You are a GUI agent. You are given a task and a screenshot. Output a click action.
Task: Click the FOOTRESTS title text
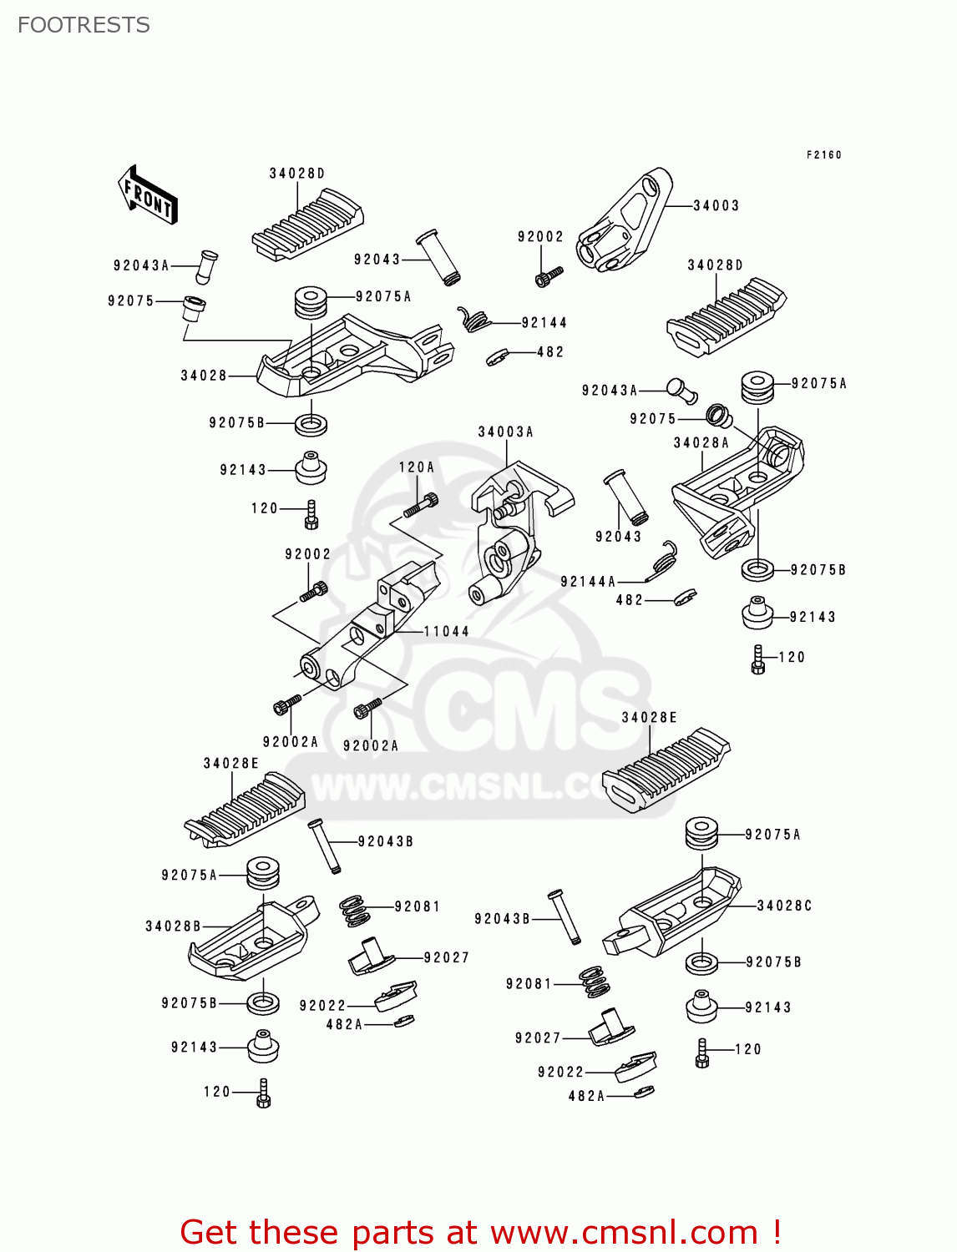point(84,25)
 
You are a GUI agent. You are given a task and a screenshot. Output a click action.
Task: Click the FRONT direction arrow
point(148,195)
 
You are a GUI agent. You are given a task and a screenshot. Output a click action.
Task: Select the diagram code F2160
point(823,154)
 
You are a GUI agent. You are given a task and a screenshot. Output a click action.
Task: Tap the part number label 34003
point(716,205)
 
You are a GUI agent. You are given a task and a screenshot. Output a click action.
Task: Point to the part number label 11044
point(446,631)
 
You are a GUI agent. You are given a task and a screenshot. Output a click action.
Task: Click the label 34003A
point(505,432)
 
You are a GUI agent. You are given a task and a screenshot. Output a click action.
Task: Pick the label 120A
point(416,467)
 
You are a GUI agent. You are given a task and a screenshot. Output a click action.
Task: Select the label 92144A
point(588,581)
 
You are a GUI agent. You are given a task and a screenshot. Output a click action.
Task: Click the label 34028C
point(784,906)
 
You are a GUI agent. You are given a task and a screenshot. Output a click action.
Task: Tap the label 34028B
point(173,926)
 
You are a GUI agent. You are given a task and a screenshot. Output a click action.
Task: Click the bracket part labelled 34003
point(626,221)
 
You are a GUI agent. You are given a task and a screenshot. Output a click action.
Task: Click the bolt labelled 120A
point(421,504)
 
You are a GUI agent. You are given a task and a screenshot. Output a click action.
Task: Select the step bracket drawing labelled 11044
point(367,626)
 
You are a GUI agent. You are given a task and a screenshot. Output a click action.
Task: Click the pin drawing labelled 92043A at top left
point(205,265)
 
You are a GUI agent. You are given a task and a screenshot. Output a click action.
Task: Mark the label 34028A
point(701,442)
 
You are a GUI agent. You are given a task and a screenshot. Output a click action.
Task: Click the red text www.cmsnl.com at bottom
point(623,1232)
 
